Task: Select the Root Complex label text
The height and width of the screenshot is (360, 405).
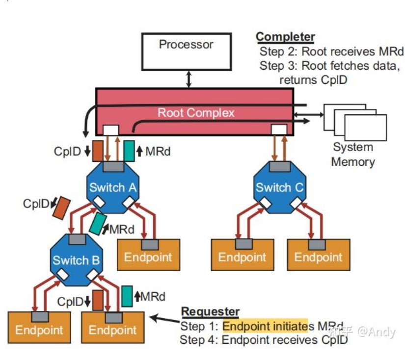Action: point(196,113)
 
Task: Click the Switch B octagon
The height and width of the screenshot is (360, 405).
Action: point(76,259)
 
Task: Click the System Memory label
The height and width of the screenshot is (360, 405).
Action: point(352,154)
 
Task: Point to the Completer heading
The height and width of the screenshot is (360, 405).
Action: point(285,37)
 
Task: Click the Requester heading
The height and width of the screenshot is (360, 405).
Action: point(210,311)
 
